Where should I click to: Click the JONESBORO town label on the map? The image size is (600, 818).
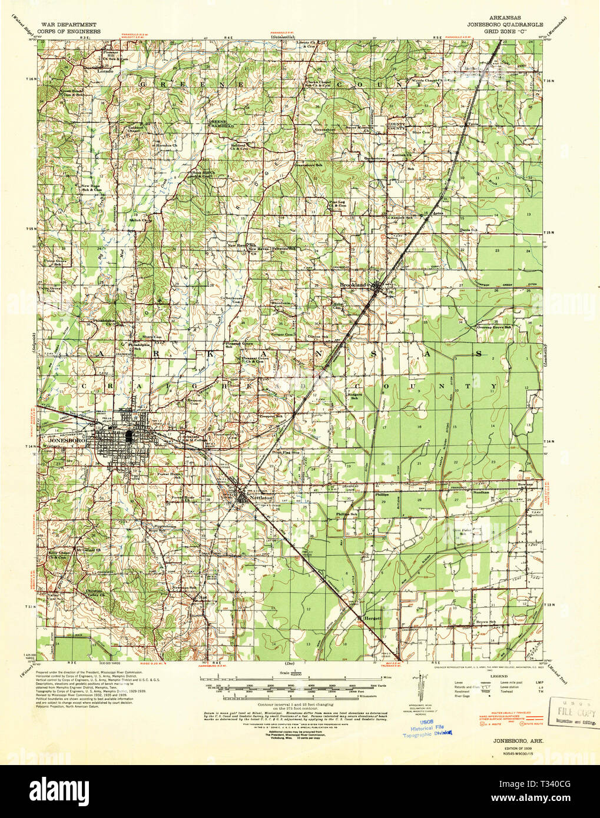pos(60,440)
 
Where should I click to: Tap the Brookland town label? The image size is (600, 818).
pos(353,285)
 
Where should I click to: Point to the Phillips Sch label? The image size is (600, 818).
pos(347,514)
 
